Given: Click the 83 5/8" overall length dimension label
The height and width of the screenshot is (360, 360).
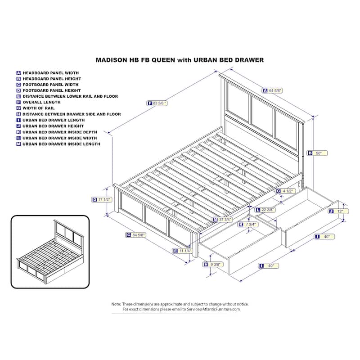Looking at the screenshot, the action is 157,103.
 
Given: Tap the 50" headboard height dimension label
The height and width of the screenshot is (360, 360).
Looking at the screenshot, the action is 317,153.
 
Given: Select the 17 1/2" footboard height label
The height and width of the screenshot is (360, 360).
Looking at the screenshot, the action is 102,200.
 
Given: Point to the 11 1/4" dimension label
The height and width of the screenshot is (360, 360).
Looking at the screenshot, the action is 183,251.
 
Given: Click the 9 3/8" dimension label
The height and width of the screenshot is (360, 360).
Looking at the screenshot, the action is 213,265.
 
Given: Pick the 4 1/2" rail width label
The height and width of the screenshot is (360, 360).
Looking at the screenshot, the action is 285,191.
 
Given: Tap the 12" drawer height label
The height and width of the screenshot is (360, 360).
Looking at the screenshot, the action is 338,211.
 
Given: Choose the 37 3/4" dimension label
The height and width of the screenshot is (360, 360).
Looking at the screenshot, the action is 222,220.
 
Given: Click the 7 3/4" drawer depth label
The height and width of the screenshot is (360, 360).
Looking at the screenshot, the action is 248,225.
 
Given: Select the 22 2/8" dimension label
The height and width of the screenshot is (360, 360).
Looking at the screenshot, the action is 265,210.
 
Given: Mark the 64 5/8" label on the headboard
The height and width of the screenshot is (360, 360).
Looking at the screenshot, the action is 272,91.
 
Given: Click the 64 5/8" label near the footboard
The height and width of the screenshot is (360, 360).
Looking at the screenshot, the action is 136,235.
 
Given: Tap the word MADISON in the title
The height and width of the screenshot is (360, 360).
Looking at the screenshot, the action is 111,60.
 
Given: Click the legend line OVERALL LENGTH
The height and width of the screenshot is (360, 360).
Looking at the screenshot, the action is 41,102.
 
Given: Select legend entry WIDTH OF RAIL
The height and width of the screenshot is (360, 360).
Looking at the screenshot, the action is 39,108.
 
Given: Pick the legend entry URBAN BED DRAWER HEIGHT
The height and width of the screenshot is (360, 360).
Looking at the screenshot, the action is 53,126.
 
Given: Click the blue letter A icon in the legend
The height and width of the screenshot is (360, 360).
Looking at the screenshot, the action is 18,73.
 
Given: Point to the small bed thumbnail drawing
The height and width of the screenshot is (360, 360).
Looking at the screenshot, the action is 50,252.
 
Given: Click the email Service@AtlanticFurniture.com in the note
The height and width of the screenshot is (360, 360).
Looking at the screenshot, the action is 213,309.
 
